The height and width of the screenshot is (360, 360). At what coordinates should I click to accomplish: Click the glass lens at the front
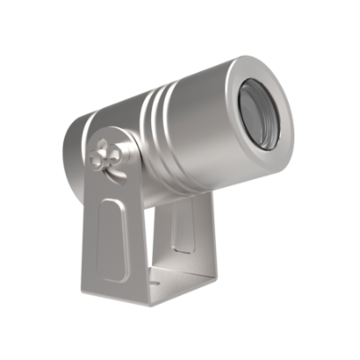coord(269,114)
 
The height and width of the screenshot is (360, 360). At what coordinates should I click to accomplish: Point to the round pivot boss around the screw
coord(97,165)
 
